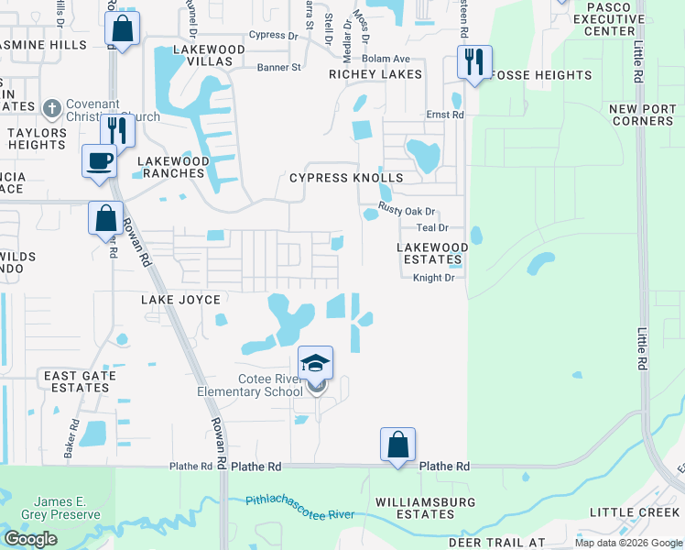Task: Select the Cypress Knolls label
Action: pos(346,178)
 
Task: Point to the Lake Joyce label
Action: pos(180,300)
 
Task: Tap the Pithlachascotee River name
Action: pos(299,507)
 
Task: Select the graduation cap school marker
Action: pos(315,364)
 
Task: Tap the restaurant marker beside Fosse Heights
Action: pos(473,62)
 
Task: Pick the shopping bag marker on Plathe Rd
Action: pos(397,445)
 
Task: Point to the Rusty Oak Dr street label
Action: pos(408,212)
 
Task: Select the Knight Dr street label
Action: pos(433,278)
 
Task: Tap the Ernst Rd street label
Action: pos(445,115)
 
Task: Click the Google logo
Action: pos(30,539)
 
